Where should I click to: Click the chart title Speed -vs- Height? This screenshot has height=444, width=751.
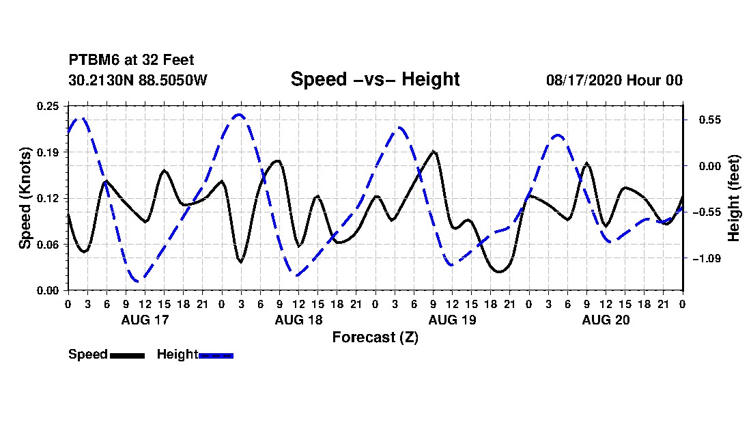[x=375, y=79]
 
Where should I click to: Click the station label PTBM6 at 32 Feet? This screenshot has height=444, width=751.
[x=131, y=60]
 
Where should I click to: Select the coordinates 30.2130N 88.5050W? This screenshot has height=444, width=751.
[x=138, y=80]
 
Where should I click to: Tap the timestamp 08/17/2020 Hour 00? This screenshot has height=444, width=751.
[x=614, y=80]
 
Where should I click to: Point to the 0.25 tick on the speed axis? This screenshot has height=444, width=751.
[x=48, y=106]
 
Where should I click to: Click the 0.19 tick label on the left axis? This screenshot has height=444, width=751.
[x=48, y=152]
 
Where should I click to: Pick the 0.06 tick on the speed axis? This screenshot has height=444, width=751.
[x=48, y=245]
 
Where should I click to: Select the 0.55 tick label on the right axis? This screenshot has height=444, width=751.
[x=710, y=120]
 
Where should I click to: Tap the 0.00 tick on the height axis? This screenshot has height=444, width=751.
[x=710, y=166]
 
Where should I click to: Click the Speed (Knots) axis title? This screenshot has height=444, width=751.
[x=25, y=198]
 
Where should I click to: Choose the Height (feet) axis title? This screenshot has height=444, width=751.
[x=734, y=198]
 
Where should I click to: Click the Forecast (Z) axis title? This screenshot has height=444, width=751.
[x=375, y=337]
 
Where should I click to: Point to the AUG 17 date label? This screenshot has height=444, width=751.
[x=145, y=320]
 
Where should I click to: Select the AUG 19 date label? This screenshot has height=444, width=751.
[x=452, y=320]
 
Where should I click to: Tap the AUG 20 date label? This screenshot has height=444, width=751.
[x=606, y=320]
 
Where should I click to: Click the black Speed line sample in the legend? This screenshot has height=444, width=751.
[x=128, y=355]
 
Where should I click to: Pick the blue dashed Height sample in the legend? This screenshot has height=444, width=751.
[x=216, y=355]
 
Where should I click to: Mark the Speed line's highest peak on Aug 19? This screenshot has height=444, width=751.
[x=434, y=152]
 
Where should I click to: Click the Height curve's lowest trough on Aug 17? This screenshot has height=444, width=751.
[x=138, y=281]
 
